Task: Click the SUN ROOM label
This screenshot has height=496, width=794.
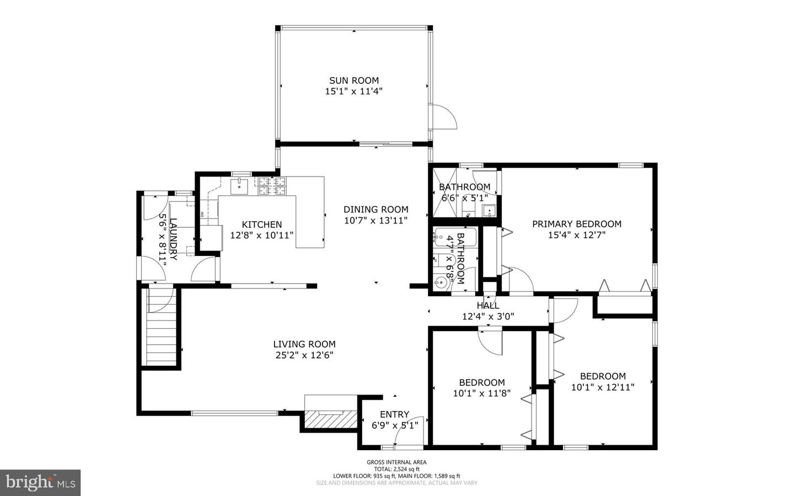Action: [x=353, y=81]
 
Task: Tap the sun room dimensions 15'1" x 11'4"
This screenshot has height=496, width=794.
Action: [x=353, y=92]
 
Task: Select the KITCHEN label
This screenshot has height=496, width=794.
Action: [x=262, y=225]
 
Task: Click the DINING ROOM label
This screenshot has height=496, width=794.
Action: [x=375, y=209]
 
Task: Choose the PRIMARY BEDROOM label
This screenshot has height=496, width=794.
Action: [x=576, y=224]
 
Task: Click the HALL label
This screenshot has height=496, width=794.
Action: [x=488, y=306]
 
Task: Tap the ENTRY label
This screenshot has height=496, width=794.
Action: [x=394, y=414]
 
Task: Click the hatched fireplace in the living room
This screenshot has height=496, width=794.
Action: [x=329, y=420]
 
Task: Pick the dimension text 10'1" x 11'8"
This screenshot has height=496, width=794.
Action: [x=482, y=393]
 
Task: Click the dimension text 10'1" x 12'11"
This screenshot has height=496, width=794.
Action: [x=602, y=387]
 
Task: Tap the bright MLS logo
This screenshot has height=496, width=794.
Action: [x=40, y=483]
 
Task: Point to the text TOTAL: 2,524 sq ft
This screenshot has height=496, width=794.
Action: [x=396, y=469]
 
